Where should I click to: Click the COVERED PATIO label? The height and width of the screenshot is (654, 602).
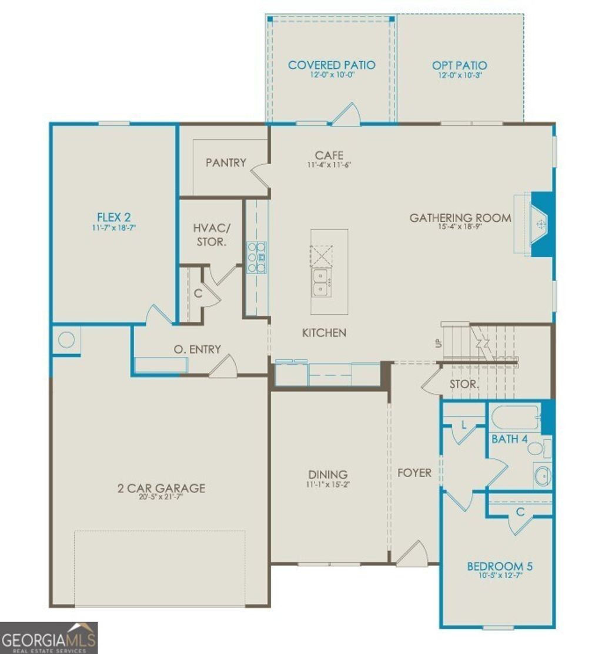(332, 65)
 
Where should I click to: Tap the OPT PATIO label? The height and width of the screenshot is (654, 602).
(460, 65)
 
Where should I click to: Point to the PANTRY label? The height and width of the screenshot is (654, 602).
(226, 162)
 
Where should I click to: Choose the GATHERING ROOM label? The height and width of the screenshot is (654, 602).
(460, 218)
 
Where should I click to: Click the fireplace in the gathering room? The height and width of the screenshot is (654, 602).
(540, 224)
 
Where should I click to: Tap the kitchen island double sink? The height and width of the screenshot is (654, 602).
(321, 282)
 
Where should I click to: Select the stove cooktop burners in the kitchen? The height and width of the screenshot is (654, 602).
(256, 257)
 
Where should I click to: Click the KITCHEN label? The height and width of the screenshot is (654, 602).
(324, 333)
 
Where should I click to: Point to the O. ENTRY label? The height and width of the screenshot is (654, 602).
(197, 349)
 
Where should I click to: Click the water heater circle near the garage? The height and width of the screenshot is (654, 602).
(66, 340)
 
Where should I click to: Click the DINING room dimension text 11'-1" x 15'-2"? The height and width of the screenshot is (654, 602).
(329, 485)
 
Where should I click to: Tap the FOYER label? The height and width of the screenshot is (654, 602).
(414, 472)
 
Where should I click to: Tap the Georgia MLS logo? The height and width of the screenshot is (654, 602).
(49, 638)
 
